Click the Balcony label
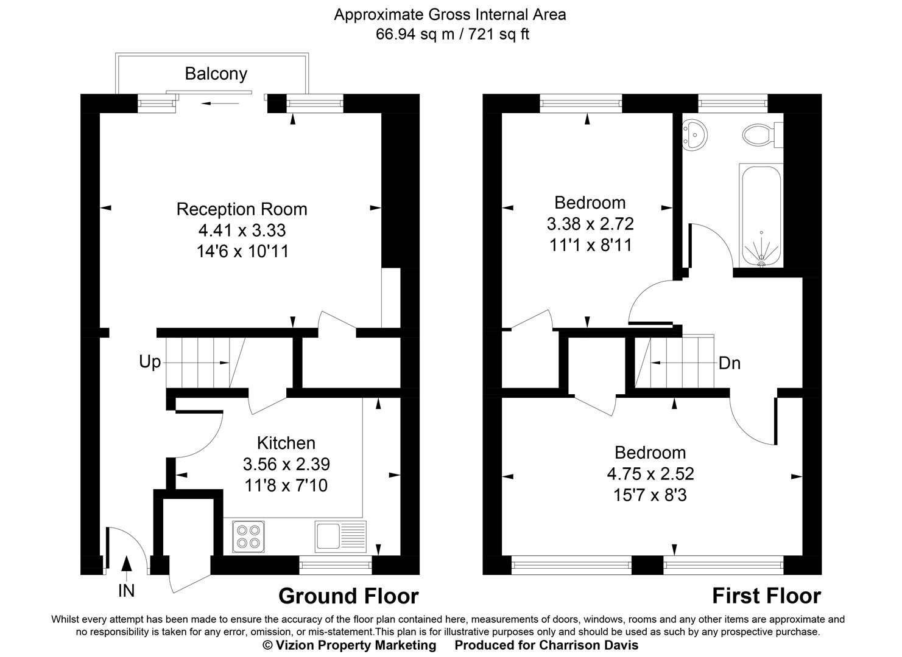(216, 74)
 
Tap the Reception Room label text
(242, 209)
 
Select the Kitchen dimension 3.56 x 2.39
(286, 464)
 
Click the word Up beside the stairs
(150, 362)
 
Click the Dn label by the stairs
(730, 363)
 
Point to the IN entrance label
(126, 590)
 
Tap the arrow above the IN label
(126, 564)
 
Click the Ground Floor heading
(348, 596)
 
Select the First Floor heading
(766, 596)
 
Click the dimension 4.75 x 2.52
(650, 473)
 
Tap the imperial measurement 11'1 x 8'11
(590, 245)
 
